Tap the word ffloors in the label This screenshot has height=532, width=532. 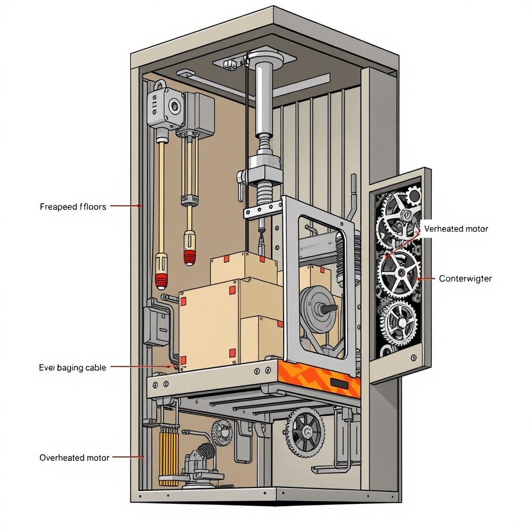pyautogui.click(x=93, y=207)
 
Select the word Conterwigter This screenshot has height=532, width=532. pyautogui.click(x=465, y=278)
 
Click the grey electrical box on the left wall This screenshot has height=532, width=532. pyautogui.click(x=156, y=326)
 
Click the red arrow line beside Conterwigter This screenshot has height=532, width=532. pyautogui.click(x=426, y=278)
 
